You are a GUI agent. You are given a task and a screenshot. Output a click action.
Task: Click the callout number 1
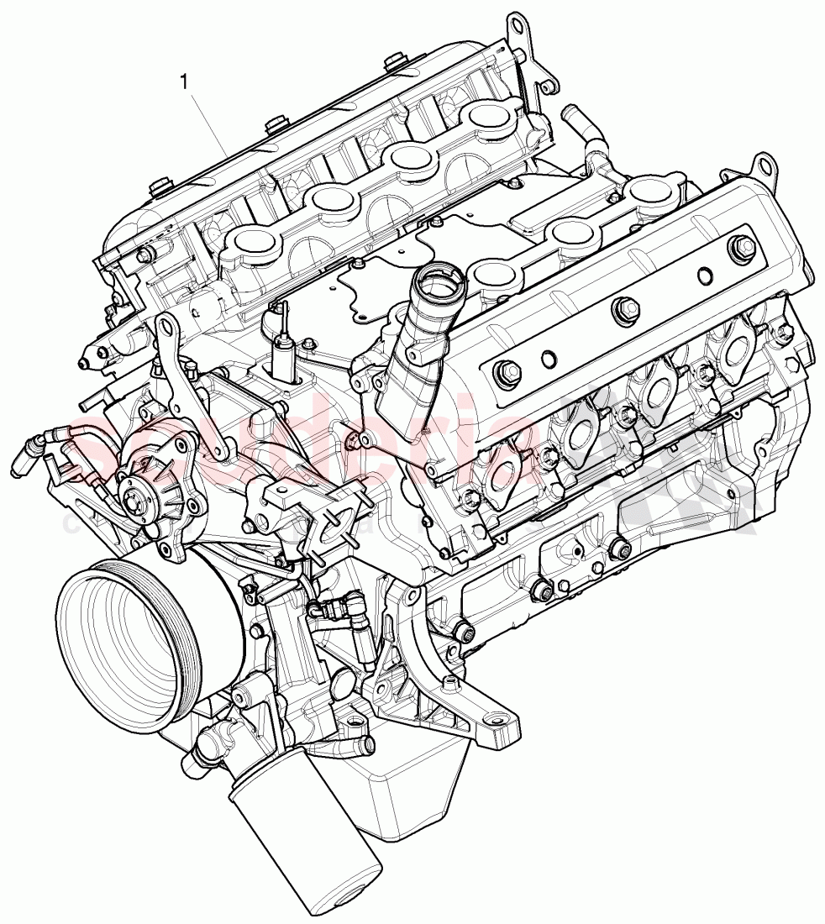click(183, 81)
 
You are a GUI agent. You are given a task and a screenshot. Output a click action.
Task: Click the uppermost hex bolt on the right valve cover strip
click(741, 245)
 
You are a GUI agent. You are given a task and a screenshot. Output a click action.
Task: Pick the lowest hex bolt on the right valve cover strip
click(507, 370)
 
